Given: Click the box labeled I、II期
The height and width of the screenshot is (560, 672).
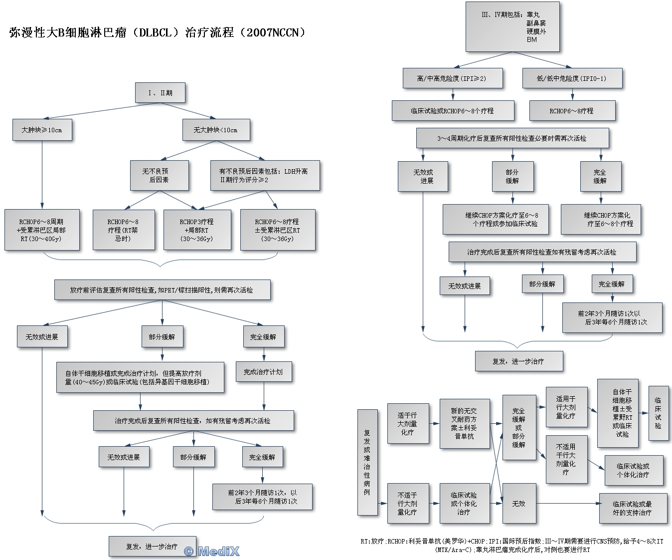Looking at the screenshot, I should [x=160, y=93].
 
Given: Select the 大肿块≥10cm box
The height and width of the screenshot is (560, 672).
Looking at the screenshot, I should [x=42, y=130].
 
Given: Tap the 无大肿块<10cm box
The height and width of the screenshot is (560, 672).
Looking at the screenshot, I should [x=215, y=130].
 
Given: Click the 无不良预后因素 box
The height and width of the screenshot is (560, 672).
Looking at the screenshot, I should [x=159, y=175].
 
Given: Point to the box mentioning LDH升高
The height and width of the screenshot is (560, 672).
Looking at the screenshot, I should [x=264, y=175].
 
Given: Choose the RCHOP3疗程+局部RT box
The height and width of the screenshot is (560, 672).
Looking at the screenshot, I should [x=197, y=230].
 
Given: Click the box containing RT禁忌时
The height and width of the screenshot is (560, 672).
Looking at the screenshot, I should [x=123, y=230].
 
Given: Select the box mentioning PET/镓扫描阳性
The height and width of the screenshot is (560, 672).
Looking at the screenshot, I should [x=162, y=289].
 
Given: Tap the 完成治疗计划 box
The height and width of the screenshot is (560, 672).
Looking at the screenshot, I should [x=263, y=372].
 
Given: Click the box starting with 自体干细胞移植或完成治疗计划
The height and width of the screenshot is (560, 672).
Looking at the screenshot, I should [x=140, y=377].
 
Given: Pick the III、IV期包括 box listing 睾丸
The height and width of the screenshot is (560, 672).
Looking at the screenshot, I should [x=512, y=26].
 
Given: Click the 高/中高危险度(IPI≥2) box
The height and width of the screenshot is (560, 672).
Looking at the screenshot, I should [x=452, y=78].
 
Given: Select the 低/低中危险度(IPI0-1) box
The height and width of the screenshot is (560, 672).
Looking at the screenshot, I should [x=572, y=78].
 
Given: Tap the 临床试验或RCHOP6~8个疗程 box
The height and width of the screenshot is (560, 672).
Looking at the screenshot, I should [x=452, y=111].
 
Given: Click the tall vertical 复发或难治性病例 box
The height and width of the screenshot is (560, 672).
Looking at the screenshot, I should [x=367, y=462].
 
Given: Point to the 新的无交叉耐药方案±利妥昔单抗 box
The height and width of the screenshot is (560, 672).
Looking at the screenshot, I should [x=464, y=424].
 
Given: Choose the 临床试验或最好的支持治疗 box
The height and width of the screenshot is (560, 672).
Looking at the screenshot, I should [x=632, y=508].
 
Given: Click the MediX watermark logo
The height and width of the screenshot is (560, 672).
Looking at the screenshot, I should [x=212, y=551].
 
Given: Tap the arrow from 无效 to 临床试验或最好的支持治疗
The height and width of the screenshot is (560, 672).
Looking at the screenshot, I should [x=568, y=504].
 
